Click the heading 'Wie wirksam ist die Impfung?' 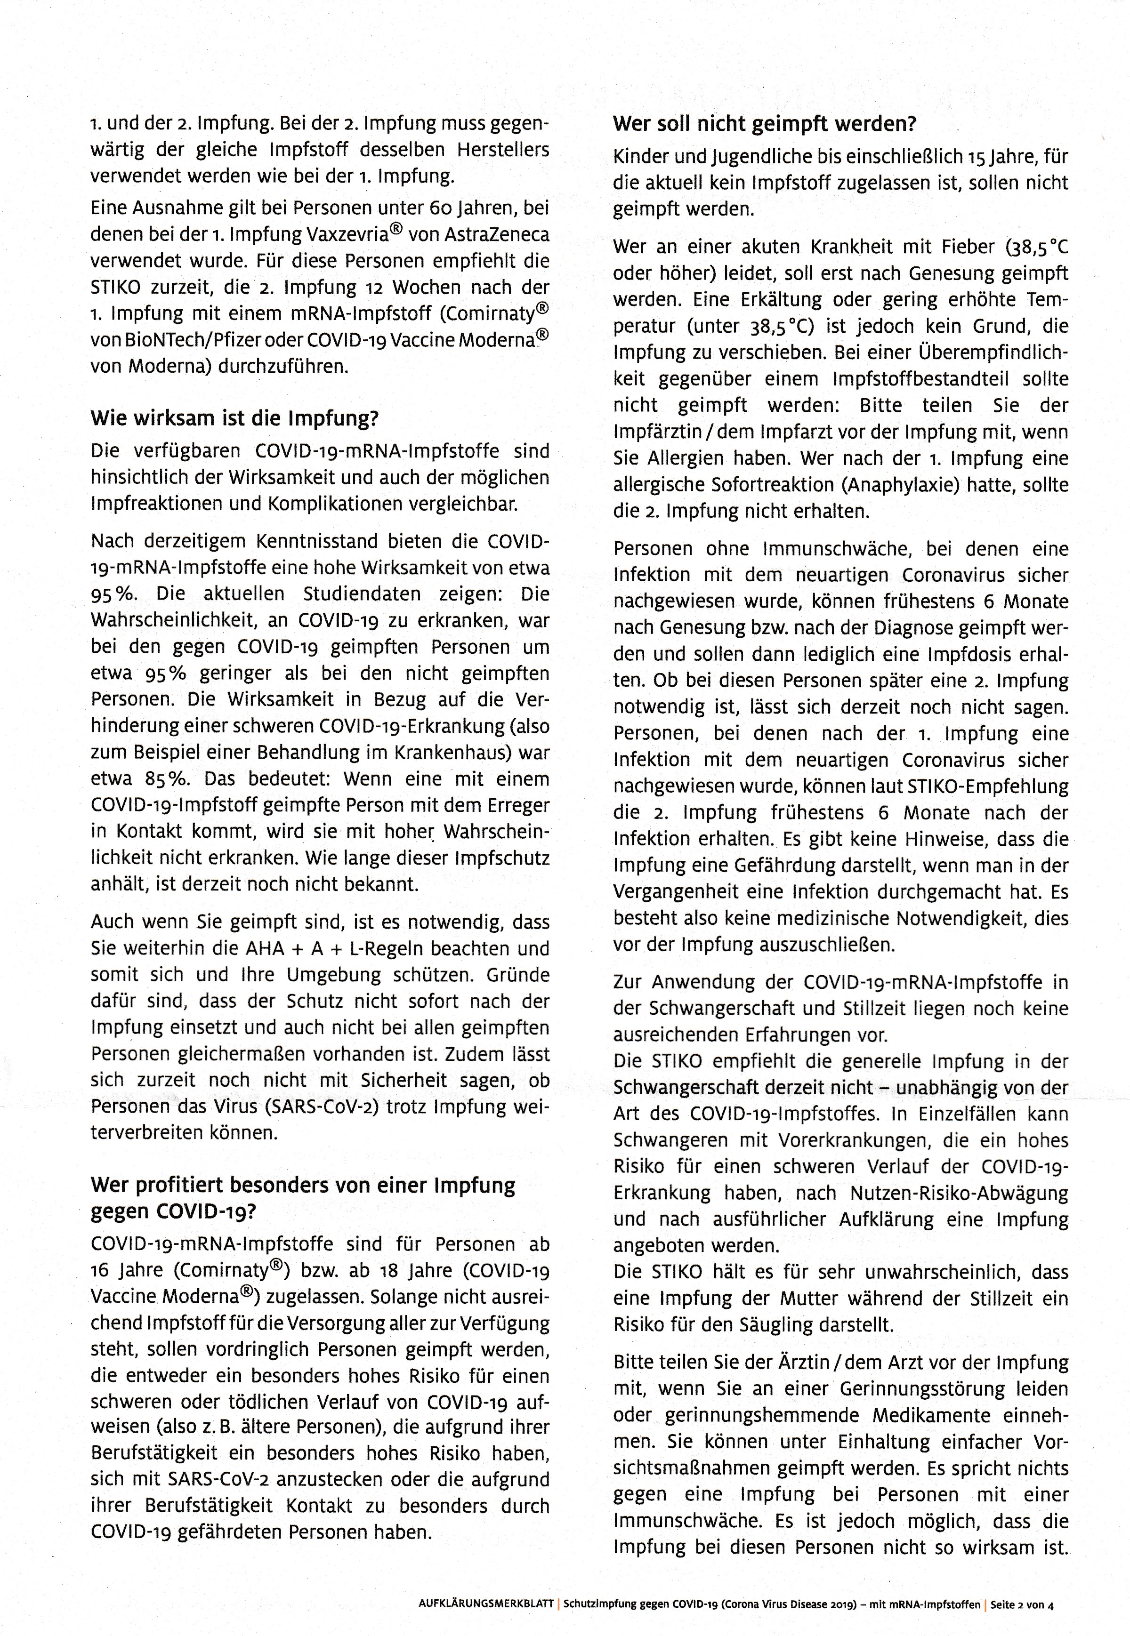[x=234, y=419]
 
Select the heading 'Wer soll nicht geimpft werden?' [x=764, y=125]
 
